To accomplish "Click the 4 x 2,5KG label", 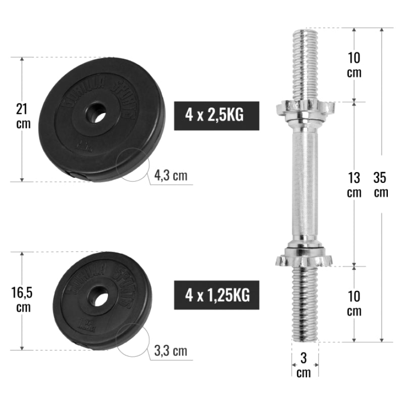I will tap(217, 115).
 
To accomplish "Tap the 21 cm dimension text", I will tap(21, 116).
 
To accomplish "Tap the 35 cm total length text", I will tap(381, 185).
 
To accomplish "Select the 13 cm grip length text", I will tap(355, 185).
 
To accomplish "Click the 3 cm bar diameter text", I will tap(304, 366).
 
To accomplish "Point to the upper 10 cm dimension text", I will tap(355, 65).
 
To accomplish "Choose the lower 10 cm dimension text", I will tap(355, 304).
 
